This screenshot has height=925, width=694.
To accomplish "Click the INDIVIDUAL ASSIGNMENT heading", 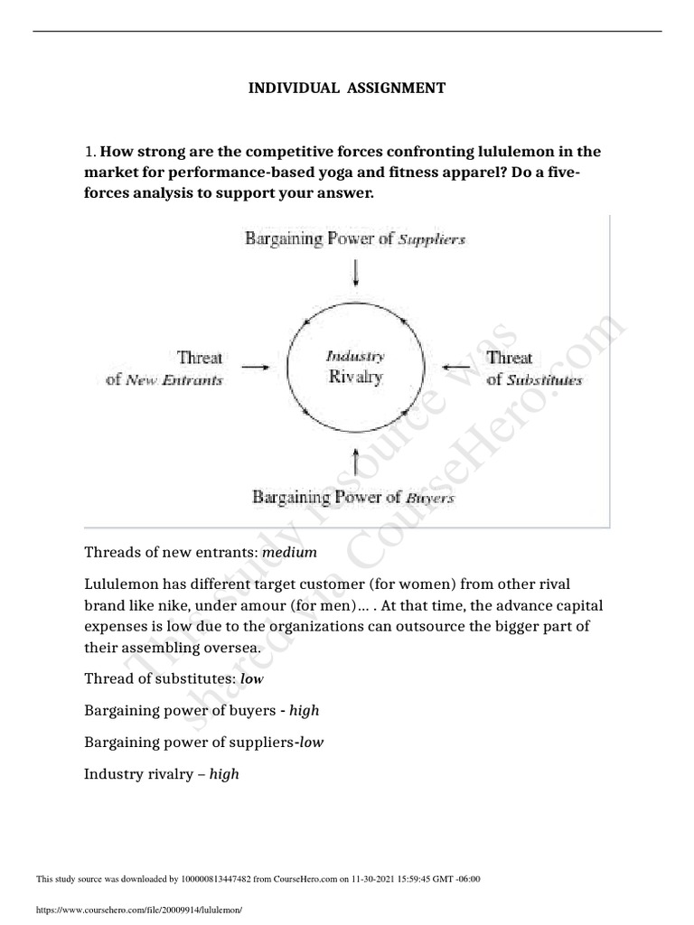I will click(x=347, y=89).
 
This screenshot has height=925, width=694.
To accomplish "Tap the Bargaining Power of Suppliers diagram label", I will click(x=354, y=240).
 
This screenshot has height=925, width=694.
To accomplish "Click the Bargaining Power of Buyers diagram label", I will click(x=352, y=497).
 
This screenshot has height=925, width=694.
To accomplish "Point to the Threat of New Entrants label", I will click(x=164, y=369).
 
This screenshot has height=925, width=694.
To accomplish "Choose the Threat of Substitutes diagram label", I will click(x=534, y=369).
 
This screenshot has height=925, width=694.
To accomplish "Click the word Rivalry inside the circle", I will click(x=355, y=377).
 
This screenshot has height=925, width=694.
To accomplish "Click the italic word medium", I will click(x=290, y=552).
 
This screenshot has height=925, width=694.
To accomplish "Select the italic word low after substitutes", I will click(x=252, y=678).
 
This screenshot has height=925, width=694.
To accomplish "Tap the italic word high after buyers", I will click(x=304, y=711).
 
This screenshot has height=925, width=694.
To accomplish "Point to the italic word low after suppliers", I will click(x=310, y=743).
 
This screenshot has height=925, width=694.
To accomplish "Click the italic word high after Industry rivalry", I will click(x=223, y=774).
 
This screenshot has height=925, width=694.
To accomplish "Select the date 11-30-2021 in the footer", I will click(x=376, y=879).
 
